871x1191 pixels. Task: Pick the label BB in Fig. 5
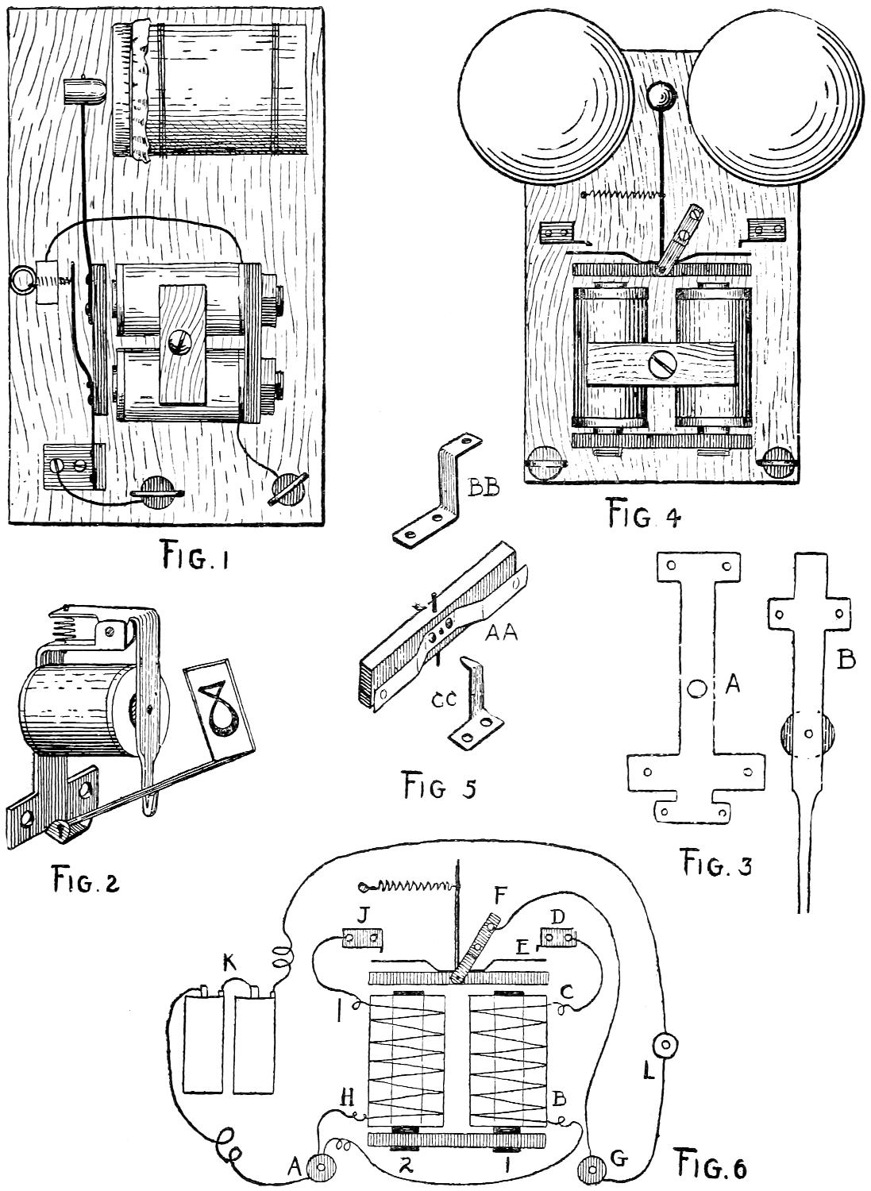pyautogui.click(x=484, y=489)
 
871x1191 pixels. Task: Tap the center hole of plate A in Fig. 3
pyautogui.click(x=696, y=688)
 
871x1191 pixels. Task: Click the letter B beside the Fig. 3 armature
pyautogui.click(x=846, y=660)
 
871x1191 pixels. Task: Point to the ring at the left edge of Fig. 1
pyautogui.click(x=23, y=279)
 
